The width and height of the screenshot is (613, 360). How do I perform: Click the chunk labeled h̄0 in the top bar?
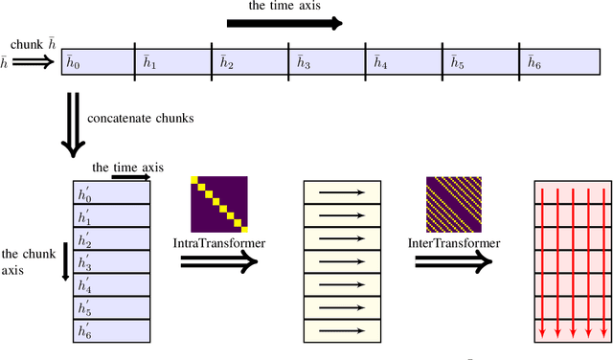(96, 63)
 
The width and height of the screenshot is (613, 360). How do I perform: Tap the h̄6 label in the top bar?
(534, 63)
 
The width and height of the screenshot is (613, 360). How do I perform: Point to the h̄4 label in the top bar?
(380, 63)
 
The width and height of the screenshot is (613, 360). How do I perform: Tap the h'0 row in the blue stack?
(111, 191)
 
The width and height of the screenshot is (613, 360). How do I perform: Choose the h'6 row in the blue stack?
(111, 330)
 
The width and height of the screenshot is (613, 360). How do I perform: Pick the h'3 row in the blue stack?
(111, 261)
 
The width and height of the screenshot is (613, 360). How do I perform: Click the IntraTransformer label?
(219, 243)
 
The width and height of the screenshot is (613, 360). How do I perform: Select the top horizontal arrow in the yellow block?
(342, 191)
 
